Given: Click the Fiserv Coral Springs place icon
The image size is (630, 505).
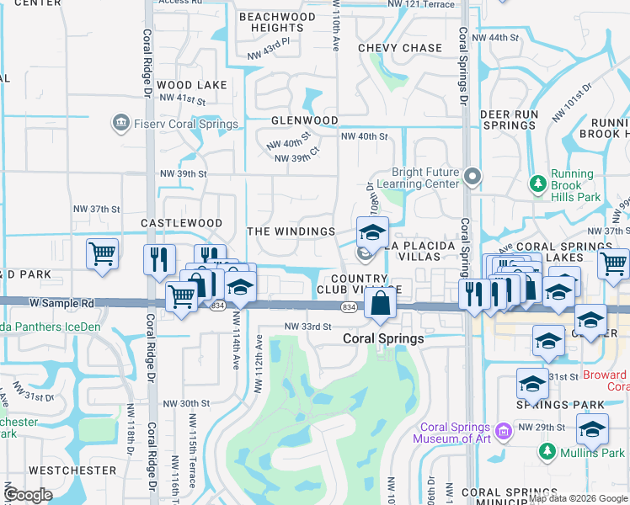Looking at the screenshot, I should (x=120, y=125).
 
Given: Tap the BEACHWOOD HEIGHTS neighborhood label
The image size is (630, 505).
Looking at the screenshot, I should (x=277, y=23).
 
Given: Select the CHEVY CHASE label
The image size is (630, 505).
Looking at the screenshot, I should (x=400, y=48).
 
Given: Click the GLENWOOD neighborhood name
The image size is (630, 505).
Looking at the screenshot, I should (x=304, y=120).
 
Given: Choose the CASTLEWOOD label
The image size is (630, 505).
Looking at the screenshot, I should (x=181, y=223).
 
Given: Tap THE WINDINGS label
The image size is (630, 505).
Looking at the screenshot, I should (x=291, y=231).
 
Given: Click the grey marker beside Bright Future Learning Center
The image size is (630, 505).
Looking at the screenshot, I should (x=472, y=177).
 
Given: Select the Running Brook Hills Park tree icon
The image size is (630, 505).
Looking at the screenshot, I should (x=537, y=183).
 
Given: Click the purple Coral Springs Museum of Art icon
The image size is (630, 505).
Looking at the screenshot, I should (x=505, y=431).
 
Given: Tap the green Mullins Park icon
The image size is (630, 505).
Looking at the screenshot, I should (x=547, y=452).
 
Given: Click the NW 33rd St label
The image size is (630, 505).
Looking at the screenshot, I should (x=304, y=326).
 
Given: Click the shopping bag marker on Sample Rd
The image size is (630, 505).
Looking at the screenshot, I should (x=380, y=303).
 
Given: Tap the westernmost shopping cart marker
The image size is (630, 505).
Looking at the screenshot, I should (x=102, y=252).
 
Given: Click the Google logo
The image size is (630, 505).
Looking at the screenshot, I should (x=29, y=495).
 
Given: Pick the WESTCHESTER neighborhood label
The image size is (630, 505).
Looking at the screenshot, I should (x=72, y=470).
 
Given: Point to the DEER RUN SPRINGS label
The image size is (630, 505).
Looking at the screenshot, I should (x=509, y=119).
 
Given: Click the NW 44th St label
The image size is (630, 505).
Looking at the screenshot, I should (x=495, y=37).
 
